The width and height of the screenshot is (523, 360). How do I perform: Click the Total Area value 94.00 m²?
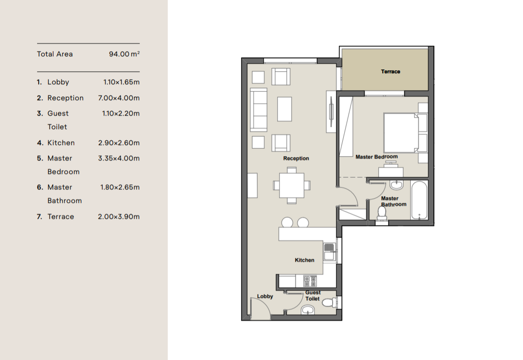pos(124,54)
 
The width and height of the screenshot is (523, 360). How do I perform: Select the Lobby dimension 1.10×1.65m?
pos(121,82)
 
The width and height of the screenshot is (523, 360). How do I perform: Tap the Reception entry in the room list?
pos(66,98)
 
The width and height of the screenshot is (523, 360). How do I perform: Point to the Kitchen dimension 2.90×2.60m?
pos(119,143)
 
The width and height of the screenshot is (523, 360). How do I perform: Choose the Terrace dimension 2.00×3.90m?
pos(119,217)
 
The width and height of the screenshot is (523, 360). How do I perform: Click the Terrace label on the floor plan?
pos(390,71)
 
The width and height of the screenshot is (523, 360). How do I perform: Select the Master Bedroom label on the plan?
pos(376,157)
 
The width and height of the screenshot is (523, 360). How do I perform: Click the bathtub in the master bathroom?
pos(419,200)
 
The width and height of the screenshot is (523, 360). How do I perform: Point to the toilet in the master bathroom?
pos(382,213)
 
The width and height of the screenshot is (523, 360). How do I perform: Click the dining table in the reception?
pos(292,186)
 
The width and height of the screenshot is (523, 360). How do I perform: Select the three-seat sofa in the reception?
pos(259,110)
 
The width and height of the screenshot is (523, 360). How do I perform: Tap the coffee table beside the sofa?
pos(284,109)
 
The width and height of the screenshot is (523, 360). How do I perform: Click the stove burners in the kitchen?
pos(310,280)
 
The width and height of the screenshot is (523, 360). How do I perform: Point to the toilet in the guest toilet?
pos(330,303)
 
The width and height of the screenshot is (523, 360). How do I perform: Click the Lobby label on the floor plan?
pos(265,296)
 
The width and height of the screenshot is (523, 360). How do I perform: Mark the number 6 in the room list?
pos(40,187)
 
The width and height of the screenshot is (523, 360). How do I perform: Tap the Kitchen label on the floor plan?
pos(305,260)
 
